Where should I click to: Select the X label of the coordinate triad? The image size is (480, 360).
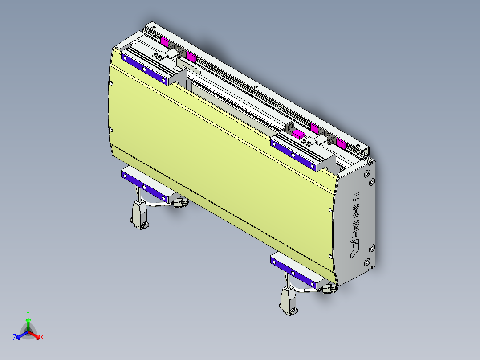click(x=42, y=338)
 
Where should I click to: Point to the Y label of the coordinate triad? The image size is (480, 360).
click(x=28, y=313)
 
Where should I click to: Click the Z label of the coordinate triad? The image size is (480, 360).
click(x=15, y=337)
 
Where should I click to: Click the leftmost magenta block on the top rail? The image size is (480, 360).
click(x=164, y=42)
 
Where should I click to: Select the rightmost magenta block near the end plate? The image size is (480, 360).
click(x=341, y=143)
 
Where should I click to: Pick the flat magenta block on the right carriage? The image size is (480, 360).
click(x=298, y=133)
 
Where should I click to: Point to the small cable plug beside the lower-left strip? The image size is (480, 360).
click(x=180, y=203)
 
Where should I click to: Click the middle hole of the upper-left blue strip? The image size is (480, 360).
click(x=144, y=68)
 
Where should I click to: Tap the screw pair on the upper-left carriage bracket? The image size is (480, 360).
click(x=157, y=56)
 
